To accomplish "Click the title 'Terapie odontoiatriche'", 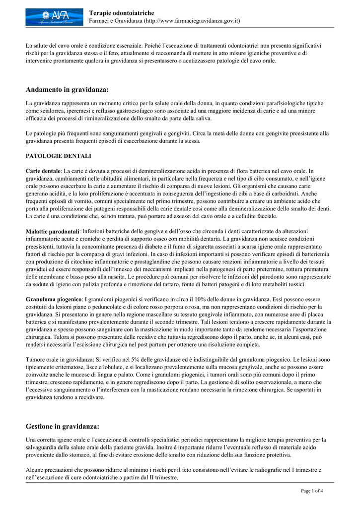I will point(121,12).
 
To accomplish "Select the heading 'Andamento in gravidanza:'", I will point(67,90).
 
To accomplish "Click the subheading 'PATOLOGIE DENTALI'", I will point(59,156).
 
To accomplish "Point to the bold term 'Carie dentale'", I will point(43,171).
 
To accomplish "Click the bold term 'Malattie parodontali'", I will point(53,231).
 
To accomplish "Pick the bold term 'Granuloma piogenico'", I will point(54,299).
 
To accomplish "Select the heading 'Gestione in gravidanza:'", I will point(63,426).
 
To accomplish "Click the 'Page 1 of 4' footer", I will point(312,491).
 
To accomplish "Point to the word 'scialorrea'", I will point(54,111).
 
